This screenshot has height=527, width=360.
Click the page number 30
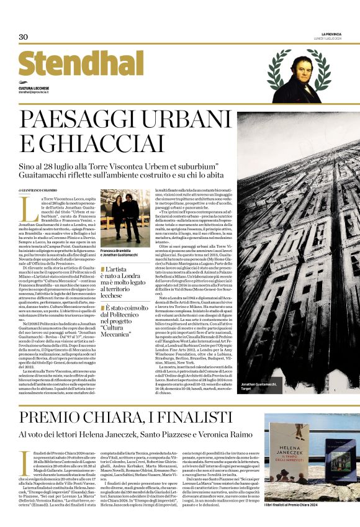point(24,37)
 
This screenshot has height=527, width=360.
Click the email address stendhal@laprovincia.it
point(40,92)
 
